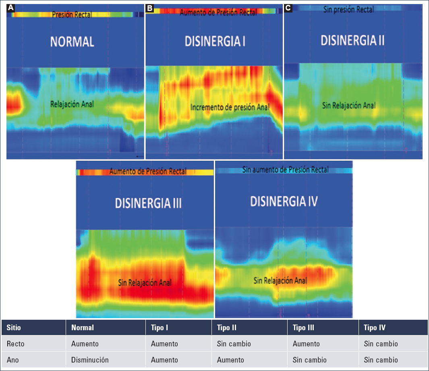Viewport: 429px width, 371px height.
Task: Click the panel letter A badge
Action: tap(10, 8)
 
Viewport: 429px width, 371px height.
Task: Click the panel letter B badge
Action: tap(150, 8)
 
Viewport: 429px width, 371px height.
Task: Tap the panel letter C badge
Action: tap(288, 8)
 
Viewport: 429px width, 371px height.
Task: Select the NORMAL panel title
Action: tap(72, 42)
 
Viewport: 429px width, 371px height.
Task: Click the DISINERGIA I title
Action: tap(215, 42)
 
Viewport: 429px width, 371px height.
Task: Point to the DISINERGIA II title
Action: tap(352, 40)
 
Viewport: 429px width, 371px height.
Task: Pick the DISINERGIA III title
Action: tap(148, 203)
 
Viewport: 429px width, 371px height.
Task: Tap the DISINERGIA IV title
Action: tap(284, 201)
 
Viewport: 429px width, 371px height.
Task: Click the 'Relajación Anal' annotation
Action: tap(72, 104)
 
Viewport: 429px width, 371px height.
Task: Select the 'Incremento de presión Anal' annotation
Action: tap(230, 107)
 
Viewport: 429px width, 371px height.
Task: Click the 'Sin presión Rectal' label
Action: tap(348, 9)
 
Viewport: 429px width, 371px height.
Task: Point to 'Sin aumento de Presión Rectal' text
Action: tap(285, 170)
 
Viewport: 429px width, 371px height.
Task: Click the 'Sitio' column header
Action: tap(14, 327)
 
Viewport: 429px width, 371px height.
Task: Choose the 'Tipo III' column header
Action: tap(303, 327)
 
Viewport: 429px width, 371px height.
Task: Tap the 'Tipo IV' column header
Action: tap(374, 327)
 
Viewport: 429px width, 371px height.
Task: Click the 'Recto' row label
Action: tap(16, 344)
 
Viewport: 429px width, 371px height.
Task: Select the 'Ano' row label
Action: tap(12, 360)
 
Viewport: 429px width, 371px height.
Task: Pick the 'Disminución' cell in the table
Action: tap(90, 360)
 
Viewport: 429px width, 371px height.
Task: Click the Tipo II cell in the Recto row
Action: tap(234, 344)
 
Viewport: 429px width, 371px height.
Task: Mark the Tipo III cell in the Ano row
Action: tap(309, 360)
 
